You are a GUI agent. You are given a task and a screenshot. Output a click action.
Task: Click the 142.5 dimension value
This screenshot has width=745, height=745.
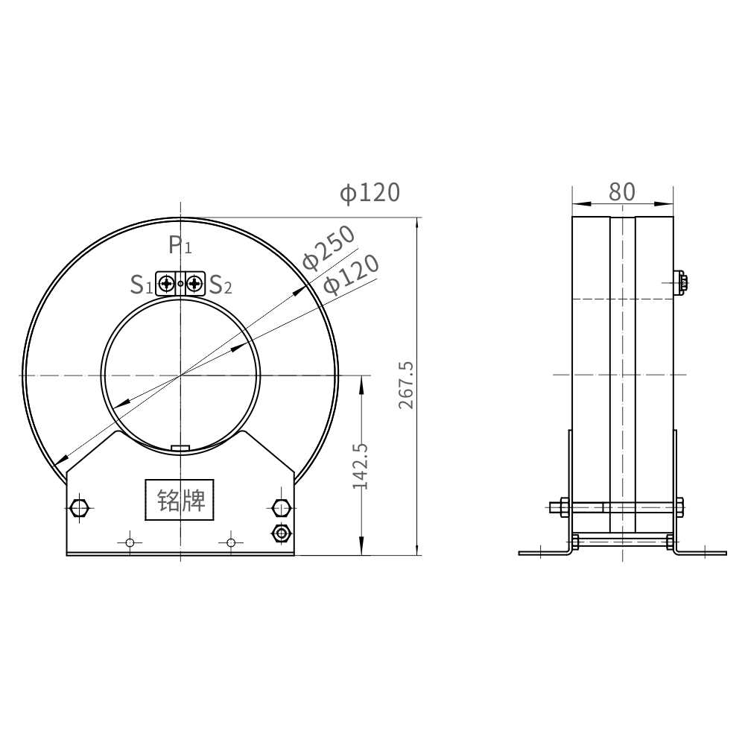(x=361, y=466)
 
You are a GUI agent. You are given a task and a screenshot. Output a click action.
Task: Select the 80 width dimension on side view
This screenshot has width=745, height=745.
(x=622, y=191)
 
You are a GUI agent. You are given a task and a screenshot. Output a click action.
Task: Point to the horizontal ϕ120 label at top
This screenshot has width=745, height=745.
(x=370, y=193)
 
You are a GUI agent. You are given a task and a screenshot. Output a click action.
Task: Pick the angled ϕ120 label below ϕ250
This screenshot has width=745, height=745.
(x=352, y=273)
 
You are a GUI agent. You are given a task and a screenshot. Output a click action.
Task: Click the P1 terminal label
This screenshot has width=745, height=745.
(x=180, y=244)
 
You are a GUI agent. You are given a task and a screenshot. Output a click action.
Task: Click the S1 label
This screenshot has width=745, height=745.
(x=141, y=284)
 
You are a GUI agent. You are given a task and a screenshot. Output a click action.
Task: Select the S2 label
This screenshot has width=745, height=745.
(x=221, y=284)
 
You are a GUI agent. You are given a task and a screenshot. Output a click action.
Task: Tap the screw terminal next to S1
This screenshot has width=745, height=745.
(x=167, y=283)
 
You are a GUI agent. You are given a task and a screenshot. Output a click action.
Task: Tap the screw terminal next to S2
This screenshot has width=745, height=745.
(x=194, y=283)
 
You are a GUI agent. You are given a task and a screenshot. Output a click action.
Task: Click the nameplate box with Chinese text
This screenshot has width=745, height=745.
(x=179, y=500)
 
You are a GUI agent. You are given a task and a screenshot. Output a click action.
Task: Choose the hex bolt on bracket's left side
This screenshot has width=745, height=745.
(x=79, y=509)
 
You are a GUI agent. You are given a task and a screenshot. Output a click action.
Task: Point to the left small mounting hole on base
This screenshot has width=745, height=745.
(x=130, y=542)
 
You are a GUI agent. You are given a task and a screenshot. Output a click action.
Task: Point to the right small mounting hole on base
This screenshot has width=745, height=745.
(x=231, y=542)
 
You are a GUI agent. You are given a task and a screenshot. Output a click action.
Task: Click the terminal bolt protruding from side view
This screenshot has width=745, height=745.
(x=683, y=282)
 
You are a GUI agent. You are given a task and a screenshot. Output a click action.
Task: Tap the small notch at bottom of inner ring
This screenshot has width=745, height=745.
(x=180, y=448)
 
